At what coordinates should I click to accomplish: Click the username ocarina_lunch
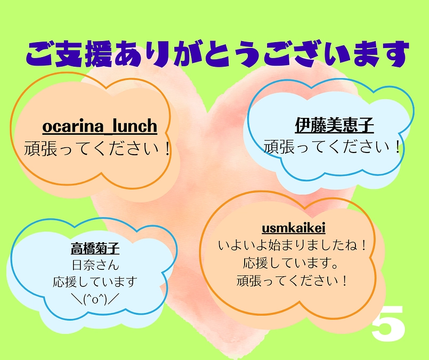[x=100, y=126]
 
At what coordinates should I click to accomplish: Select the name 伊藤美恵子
[x=334, y=125]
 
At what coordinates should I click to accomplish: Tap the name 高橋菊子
[x=95, y=249]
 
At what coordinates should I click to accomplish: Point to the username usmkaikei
[x=294, y=228]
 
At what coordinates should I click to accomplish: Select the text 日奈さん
[x=95, y=265]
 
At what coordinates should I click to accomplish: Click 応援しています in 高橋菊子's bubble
[x=95, y=282]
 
